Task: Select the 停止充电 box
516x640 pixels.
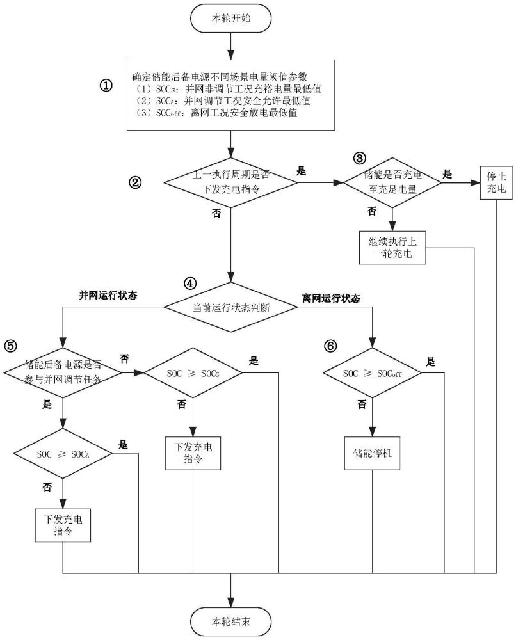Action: (496, 182)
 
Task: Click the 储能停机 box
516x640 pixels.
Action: (372, 452)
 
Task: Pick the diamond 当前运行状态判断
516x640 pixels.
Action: (231, 308)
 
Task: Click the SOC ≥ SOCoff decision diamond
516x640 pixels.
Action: (372, 373)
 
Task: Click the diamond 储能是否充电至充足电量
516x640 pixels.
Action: (392, 182)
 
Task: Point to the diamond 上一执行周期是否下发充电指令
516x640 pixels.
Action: (231, 182)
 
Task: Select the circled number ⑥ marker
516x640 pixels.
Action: (330, 346)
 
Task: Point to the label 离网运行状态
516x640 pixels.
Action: (331, 299)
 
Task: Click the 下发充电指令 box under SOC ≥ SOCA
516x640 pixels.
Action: (63, 525)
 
